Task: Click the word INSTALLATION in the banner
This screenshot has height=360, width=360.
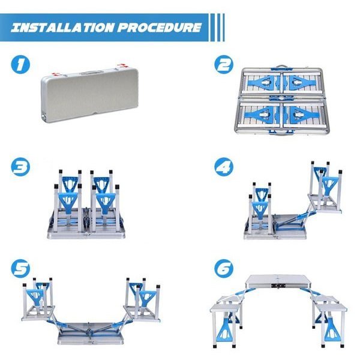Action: [x=62, y=28]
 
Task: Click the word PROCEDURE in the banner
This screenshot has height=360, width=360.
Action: [x=160, y=28]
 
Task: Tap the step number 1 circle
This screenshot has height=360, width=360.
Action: [x=20, y=65]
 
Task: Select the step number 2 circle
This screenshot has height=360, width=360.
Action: [x=224, y=65]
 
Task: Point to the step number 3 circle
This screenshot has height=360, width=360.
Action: [x=20, y=166]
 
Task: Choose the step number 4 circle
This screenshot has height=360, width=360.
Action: [x=224, y=166]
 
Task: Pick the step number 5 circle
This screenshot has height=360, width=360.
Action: [x=20, y=268]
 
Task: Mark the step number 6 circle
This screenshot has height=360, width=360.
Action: [x=224, y=268]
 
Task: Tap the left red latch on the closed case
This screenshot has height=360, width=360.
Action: [x=56, y=74]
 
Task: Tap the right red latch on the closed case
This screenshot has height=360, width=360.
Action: [x=122, y=66]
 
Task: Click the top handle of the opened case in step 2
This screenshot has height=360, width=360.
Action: [x=282, y=67]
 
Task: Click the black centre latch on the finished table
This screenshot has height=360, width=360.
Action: [x=278, y=286]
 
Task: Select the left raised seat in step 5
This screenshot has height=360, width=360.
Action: [x=38, y=313]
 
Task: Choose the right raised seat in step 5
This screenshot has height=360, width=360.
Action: [x=142, y=313]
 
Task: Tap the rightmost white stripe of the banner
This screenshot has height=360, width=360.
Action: [x=223, y=28]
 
